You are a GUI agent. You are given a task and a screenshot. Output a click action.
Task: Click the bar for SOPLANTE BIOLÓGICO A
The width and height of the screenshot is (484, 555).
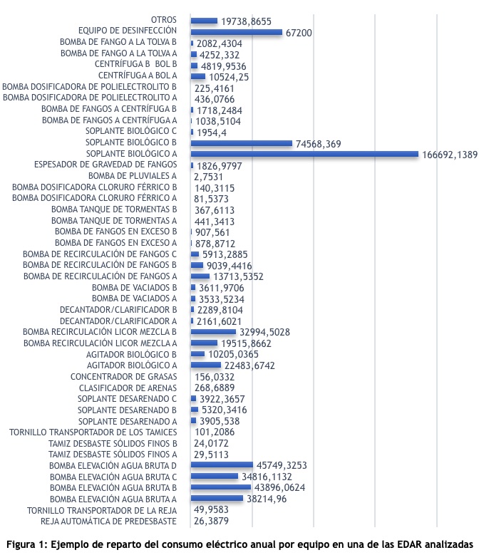click(x=304, y=154)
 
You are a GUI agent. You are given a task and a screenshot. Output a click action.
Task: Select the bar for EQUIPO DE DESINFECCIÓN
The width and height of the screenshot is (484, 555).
click(x=237, y=32)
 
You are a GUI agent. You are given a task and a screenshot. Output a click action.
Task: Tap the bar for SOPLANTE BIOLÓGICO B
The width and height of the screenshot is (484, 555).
click(x=242, y=143)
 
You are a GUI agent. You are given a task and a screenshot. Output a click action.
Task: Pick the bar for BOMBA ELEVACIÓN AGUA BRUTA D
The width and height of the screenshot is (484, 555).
click(x=222, y=465)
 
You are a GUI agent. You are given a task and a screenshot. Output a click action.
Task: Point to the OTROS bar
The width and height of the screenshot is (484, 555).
click(x=204, y=21)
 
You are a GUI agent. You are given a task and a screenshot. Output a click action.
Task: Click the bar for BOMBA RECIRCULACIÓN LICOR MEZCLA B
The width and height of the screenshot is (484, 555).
click(x=213, y=332)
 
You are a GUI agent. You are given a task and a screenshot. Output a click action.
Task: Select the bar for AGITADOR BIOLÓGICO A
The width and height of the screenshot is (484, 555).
click(x=206, y=365)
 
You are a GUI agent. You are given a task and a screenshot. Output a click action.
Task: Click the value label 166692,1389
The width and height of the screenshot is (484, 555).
click(x=450, y=155)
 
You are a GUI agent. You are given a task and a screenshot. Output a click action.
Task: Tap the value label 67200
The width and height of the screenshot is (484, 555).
click(x=299, y=33)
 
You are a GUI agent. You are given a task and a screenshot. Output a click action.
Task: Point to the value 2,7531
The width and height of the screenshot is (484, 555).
click(x=208, y=177)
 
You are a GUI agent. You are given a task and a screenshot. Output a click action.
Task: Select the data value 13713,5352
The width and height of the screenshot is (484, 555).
click(x=238, y=276)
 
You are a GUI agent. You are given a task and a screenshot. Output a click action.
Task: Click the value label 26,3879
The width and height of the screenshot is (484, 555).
click(x=211, y=521)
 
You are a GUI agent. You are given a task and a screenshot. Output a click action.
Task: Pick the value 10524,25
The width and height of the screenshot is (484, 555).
click(x=229, y=77)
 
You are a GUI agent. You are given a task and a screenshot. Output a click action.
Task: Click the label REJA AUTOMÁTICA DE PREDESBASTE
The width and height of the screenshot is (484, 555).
click(x=108, y=521)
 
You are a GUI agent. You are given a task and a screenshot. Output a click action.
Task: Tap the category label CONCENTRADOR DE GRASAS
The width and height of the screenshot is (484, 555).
click(x=123, y=377)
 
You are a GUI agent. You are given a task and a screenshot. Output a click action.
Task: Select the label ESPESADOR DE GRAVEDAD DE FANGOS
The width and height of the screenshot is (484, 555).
click(x=105, y=165)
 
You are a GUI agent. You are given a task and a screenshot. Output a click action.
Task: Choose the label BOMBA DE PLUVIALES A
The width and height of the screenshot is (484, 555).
click(x=133, y=176)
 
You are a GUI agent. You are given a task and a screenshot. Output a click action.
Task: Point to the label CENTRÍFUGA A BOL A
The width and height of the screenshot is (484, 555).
click(x=138, y=76)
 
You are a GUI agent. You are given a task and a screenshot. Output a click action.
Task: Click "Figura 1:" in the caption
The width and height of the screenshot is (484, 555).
click(x=27, y=544)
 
